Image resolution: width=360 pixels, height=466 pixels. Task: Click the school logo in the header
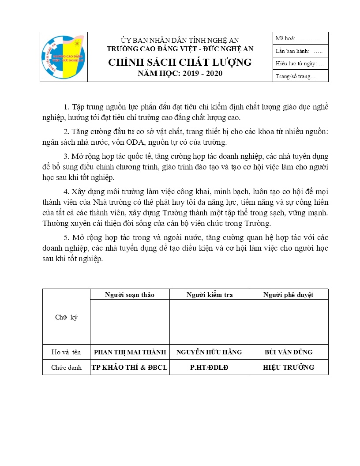pos(64,57)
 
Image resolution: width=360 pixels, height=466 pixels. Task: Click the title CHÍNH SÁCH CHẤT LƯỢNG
pos(180,62)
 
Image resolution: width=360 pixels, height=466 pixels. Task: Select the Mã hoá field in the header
pos(300,38)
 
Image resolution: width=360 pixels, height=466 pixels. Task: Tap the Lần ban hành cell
pos(300,51)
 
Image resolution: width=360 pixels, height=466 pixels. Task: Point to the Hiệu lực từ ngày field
pos(300,64)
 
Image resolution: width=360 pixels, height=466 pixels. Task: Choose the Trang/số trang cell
pos(300,76)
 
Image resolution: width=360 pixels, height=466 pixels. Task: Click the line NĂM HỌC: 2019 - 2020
pos(180,73)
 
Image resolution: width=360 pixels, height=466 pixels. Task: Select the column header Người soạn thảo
pos(130,295)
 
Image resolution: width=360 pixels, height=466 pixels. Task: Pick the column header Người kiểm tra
pos(210,295)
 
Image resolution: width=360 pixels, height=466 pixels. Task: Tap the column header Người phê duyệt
pos(289,295)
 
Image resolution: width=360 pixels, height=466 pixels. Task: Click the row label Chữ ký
pos(66,317)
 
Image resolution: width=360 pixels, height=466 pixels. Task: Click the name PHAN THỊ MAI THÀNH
pos(130,352)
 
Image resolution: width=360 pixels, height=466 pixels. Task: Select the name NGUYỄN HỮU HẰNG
pos(209,352)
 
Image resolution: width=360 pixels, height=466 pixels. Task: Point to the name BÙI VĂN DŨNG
pos(289,352)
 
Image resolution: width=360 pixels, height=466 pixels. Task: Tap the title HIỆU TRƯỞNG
pos(289,367)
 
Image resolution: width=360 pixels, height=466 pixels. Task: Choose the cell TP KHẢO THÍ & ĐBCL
pos(130,367)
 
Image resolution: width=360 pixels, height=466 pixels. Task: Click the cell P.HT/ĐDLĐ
pos(209,367)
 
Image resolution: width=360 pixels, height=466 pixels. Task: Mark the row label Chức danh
pos(66,367)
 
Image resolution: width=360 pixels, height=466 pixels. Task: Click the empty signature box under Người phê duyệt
pos(289,322)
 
